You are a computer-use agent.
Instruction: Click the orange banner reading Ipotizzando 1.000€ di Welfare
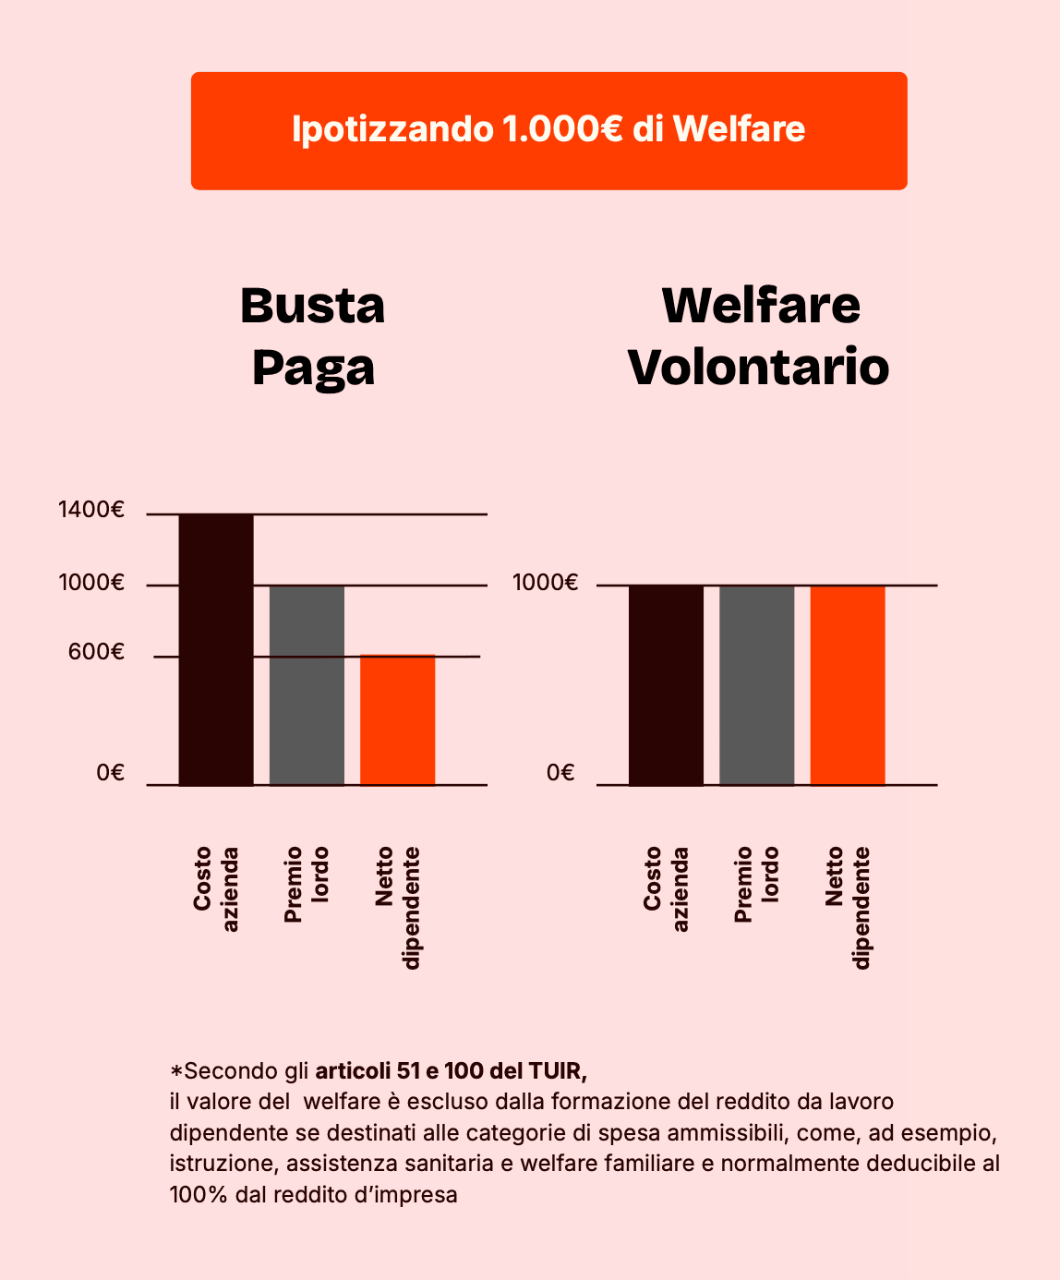pyautogui.click(x=548, y=130)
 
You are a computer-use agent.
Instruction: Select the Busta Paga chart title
pyautogui.click(x=313, y=336)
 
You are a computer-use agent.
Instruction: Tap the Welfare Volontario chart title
pyautogui.click(x=759, y=336)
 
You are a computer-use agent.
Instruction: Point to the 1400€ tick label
pyautogui.click(x=91, y=510)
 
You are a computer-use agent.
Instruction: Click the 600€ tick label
pyautogui.click(x=96, y=653)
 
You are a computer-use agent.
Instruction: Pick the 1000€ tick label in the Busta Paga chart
pyautogui.click(x=91, y=583)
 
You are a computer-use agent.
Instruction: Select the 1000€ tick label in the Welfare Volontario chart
pyautogui.click(x=545, y=583)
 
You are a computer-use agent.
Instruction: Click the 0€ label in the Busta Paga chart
pyautogui.click(x=110, y=773)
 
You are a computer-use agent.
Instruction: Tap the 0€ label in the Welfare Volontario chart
pyautogui.click(x=560, y=773)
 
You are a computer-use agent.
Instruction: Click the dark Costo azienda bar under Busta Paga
pyautogui.click(x=216, y=649)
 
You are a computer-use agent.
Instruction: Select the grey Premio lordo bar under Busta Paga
pyautogui.click(x=307, y=685)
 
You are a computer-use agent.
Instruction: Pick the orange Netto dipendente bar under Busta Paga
pyautogui.click(x=397, y=720)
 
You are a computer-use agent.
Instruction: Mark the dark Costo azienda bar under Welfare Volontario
pyautogui.click(x=666, y=685)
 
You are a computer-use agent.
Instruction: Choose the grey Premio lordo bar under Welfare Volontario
pyautogui.click(x=756, y=685)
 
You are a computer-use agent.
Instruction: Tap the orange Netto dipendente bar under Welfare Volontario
pyautogui.click(x=848, y=685)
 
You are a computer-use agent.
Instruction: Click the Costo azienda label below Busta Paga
pyautogui.click(x=216, y=889)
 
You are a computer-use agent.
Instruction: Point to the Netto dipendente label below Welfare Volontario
pyautogui.click(x=848, y=907)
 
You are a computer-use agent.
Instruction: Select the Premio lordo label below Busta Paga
pyautogui.click(x=307, y=884)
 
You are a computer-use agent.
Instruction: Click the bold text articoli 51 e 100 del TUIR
pyautogui.click(x=451, y=1071)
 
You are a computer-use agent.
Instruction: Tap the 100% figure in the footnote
pyautogui.click(x=199, y=1195)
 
